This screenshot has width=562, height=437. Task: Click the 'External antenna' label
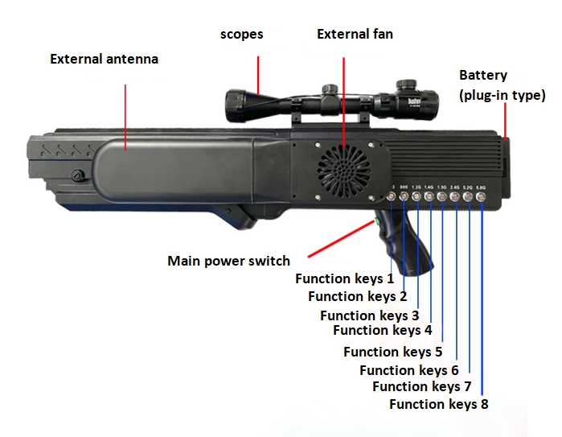(105, 60)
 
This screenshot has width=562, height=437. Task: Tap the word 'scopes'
(242, 35)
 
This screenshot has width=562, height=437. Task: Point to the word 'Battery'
(483, 76)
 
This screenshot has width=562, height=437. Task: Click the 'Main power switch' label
(228, 261)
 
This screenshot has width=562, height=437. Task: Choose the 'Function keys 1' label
(344, 279)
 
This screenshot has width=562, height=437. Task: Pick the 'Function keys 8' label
(438, 404)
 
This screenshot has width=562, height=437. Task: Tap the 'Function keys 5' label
(392, 352)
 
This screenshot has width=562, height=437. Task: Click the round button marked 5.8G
(481, 196)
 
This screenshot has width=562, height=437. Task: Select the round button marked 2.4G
(456, 196)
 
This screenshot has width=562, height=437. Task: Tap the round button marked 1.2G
(417, 196)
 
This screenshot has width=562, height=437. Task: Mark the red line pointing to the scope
(258, 73)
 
